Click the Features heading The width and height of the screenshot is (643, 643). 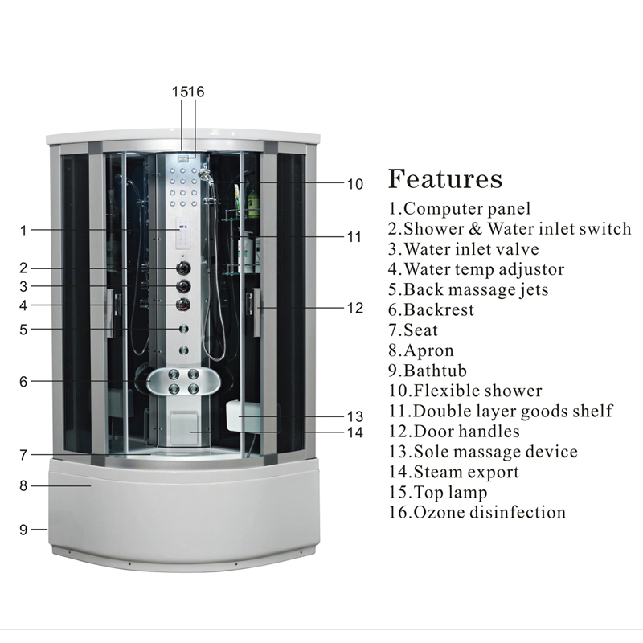point(445,178)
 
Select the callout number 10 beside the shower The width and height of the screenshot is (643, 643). point(355,184)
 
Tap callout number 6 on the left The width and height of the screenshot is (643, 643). point(23,382)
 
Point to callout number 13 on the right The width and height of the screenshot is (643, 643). point(355,416)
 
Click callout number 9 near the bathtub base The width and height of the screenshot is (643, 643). point(23,530)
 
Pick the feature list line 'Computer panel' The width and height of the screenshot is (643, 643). point(459,208)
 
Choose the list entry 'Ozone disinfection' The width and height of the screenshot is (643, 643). point(477,512)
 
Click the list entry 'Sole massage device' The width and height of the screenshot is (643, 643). point(483,452)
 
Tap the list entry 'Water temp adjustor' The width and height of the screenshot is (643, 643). point(476,269)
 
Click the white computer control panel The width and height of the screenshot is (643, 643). point(183,233)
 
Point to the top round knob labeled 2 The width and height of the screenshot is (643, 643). point(183,268)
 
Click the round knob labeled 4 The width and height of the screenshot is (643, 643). point(183,305)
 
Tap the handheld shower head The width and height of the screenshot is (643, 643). point(205,174)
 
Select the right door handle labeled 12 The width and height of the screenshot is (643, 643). point(256,312)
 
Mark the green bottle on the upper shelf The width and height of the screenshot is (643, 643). point(253,203)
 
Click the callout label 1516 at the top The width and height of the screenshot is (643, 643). point(188,92)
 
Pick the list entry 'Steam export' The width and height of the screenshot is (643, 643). point(453,472)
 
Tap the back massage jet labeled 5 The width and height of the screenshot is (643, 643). point(184,329)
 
